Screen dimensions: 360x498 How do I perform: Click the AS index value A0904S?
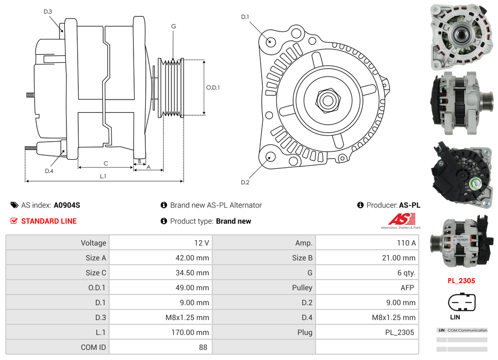[67, 205]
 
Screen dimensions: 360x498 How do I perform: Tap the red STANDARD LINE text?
[49, 221]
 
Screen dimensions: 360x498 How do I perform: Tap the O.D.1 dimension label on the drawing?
[213, 87]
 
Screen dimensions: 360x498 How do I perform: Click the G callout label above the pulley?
[173, 27]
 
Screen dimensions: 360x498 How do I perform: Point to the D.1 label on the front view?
[245, 17]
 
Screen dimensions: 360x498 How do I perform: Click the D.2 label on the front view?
[245, 183]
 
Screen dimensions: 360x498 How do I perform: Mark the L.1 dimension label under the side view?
[103, 176]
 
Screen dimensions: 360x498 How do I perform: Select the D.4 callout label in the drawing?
[49, 171]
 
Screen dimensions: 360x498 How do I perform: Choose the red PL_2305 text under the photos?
[461, 281]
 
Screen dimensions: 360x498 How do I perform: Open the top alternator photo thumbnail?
[461, 36]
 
